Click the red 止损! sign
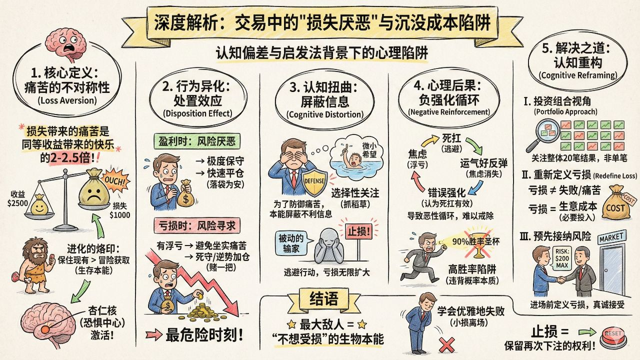point(359,231)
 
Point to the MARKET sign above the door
point(611,237)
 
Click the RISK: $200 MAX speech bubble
point(562,258)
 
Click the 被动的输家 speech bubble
point(291,243)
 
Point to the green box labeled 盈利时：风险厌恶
point(197,141)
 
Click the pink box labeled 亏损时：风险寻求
point(197,225)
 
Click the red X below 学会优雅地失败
point(446,345)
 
